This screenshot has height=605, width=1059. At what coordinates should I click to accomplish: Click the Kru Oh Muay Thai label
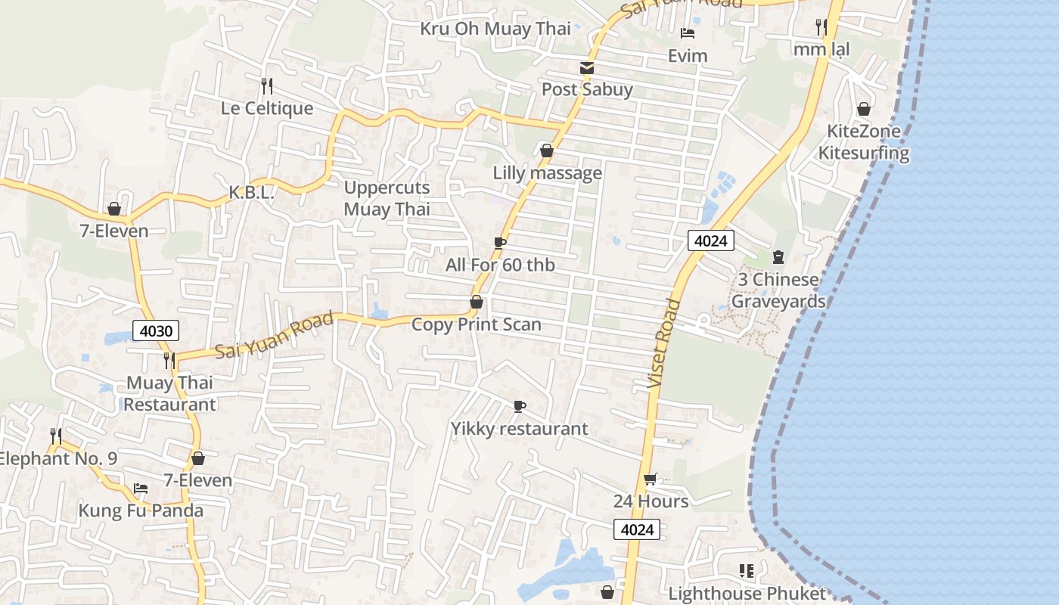(495, 29)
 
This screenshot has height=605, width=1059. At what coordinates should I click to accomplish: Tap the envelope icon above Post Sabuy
(586, 68)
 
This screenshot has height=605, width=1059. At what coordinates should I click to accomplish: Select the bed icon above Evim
(688, 33)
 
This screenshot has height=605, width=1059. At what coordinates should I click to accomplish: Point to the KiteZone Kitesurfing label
(863, 142)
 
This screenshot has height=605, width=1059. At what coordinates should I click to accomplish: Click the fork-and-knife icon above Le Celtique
(266, 85)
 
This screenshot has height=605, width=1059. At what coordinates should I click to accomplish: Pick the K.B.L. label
(251, 193)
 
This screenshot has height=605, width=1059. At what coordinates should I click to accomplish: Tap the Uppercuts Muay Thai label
(387, 198)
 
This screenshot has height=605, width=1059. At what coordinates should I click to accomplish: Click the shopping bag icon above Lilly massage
(547, 151)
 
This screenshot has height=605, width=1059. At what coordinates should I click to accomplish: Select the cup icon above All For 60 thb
(499, 243)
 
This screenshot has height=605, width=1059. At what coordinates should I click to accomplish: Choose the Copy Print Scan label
(476, 324)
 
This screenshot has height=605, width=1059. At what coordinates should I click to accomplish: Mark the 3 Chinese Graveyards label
(778, 290)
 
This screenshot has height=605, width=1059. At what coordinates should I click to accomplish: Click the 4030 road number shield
(157, 330)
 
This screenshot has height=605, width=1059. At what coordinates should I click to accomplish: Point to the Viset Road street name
(665, 344)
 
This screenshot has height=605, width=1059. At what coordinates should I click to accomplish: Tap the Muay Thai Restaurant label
(169, 393)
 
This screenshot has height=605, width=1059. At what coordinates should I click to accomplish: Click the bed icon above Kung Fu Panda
(141, 489)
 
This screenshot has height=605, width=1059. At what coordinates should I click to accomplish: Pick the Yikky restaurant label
(519, 429)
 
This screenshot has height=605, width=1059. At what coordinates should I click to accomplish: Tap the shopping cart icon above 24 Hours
(650, 479)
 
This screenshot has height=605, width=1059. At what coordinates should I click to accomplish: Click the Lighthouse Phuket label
(747, 594)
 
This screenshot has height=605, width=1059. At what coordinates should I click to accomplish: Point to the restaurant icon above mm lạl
(821, 27)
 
